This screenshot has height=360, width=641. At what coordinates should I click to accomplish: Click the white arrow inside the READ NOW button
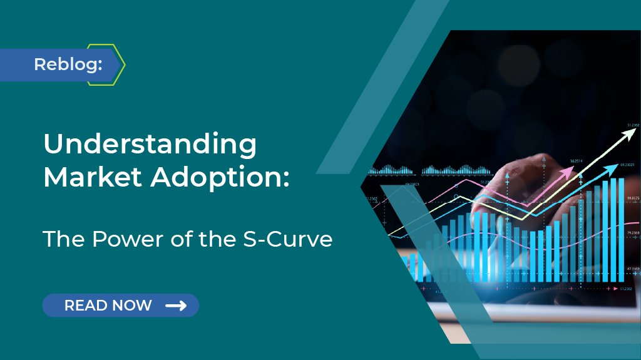coord(176,306)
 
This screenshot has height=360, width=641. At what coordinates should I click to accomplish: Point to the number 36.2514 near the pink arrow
coord(577,161)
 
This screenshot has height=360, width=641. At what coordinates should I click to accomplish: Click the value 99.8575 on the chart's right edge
coord(632,198)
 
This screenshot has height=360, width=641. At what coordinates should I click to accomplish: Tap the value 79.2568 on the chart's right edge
coord(632,233)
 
